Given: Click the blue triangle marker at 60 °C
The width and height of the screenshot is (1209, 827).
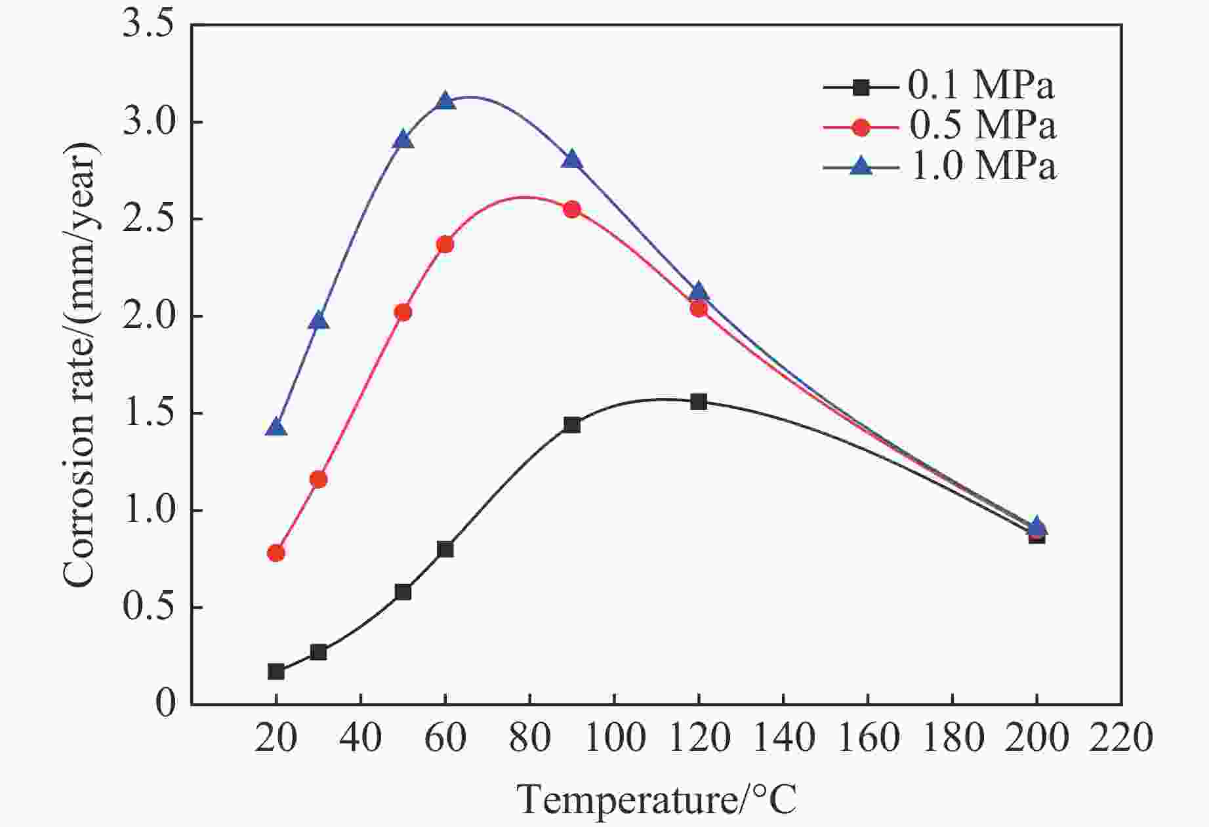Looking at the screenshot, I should [x=445, y=101].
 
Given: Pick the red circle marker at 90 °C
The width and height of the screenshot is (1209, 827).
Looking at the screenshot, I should [x=572, y=209].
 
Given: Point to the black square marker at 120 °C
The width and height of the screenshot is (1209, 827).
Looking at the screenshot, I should [x=699, y=401].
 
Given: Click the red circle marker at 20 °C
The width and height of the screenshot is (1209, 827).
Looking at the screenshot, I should [x=276, y=553].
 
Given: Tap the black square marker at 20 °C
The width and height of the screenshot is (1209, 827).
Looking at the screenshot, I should [x=276, y=672].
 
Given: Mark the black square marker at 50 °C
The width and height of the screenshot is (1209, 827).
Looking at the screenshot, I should [x=403, y=592].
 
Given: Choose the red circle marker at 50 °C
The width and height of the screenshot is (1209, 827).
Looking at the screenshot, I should [x=403, y=312].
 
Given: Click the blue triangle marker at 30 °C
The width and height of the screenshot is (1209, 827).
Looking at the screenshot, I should [x=318, y=320].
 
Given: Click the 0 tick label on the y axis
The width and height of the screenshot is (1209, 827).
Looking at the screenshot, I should [x=166, y=704].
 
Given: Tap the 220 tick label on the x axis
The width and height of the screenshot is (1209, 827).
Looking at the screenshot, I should [x=1120, y=736].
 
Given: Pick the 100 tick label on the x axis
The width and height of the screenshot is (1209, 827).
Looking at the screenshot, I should [x=614, y=736].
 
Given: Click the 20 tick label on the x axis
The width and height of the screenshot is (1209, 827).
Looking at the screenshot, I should [x=276, y=736].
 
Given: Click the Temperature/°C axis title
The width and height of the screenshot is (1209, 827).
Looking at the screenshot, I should [x=656, y=799].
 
